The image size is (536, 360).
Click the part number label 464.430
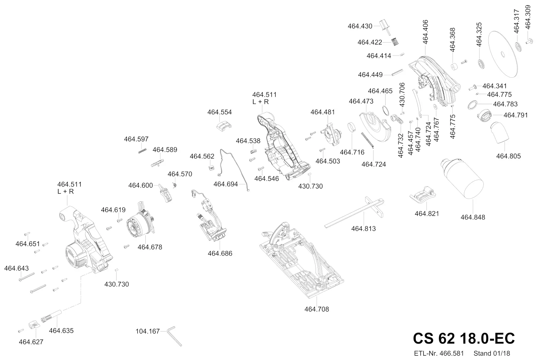(x=360, y=26)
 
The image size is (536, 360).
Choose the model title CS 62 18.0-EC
(x=464, y=338)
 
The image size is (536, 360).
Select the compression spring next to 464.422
(x=396, y=42)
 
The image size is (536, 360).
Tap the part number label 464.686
(x=220, y=254)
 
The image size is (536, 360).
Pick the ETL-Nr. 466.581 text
(x=439, y=353)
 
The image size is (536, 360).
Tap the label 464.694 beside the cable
(x=225, y=184)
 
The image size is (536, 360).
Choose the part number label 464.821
(x=426, y=214)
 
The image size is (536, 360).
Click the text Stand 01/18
(x=491, y=353)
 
